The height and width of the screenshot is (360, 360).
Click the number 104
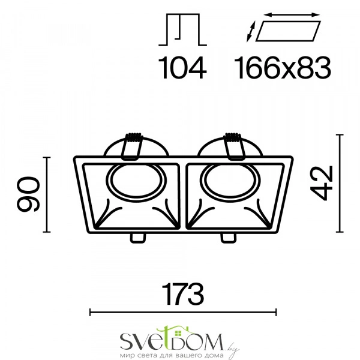pyautogui.click(x=182, y=67)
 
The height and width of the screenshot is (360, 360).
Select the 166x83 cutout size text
pyautogui.click(x=282, y=67)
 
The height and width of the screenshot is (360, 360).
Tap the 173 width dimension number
pyautogui.click(x=182, y=294)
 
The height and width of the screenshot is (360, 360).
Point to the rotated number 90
pyautogui.click(x=28, y=194)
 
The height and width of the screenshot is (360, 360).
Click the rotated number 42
pyautogui.click(x=322, y=183)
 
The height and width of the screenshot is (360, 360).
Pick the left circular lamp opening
pyautogui.click(x=136, y=181)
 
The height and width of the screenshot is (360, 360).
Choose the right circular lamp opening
pyautogui.click(x=230, y=181)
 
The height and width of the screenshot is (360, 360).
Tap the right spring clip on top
pyautogui.click(x=234, y=146)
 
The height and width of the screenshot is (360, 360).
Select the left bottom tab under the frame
pyautogui.click(x=138, y=238)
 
